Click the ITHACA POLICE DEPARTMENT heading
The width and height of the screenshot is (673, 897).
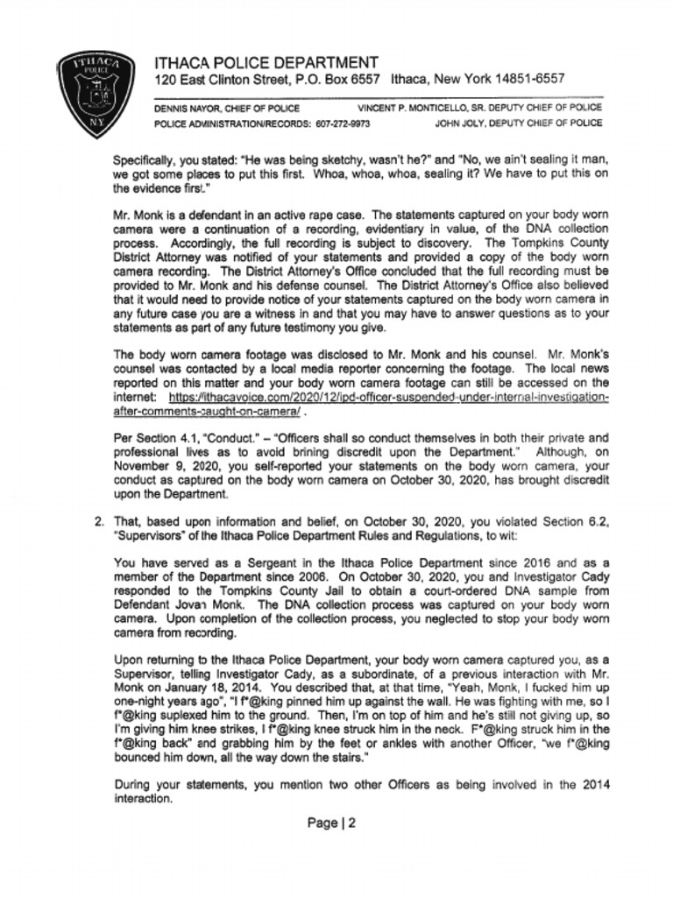point(266,63)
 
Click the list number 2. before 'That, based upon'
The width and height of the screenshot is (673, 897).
point(99,523)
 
